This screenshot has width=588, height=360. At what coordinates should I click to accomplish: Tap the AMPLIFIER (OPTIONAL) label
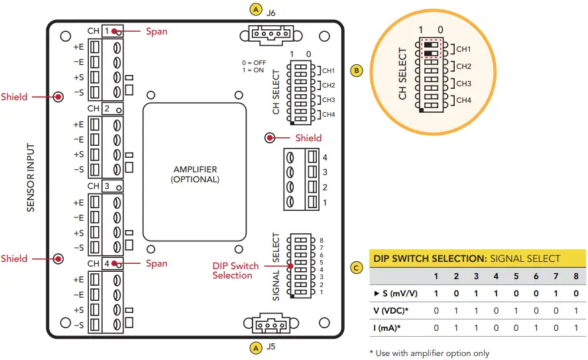pos(195,174)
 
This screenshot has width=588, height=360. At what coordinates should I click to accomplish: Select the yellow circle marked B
pos(357,70)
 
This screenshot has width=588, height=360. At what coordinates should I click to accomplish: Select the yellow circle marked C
pos(357,268)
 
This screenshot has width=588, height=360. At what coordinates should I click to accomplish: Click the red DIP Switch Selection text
pos(235,270)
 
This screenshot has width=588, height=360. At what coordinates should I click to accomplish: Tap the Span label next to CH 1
pos(156,31)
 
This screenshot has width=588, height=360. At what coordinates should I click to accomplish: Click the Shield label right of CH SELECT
pos(308,138)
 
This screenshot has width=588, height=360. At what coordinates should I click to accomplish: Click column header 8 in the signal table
pos(575,276)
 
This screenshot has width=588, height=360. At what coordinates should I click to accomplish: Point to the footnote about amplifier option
pos(429,353)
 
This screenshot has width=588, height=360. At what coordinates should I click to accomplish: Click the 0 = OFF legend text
pos(253,63)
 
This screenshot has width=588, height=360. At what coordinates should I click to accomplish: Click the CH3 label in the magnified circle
pos(463,84)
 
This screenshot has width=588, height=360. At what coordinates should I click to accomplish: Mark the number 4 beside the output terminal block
pos(325,158)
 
